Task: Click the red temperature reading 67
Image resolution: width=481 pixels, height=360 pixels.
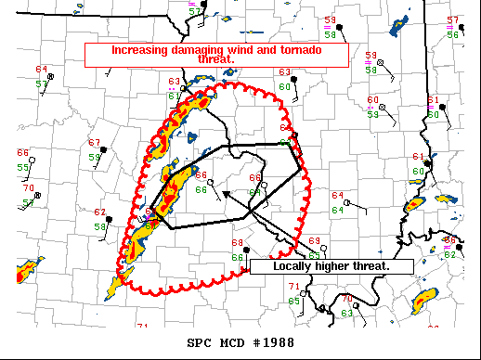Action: pos(94,143)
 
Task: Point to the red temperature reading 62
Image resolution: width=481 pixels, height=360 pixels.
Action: pos(99,212)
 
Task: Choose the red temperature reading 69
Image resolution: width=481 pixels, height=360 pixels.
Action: pos(314,240)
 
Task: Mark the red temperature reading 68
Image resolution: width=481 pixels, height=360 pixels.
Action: pos(237,243)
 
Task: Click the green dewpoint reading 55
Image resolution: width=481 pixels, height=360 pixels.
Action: pos(22,167)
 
